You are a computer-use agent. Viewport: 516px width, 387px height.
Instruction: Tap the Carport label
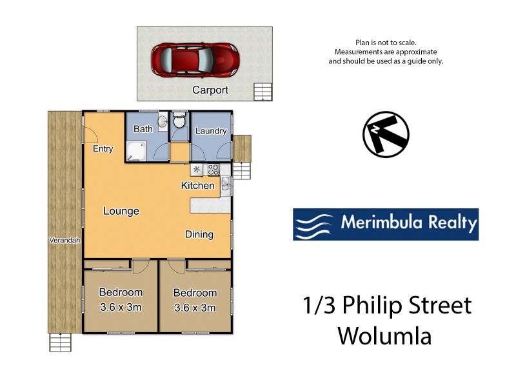[210, 90]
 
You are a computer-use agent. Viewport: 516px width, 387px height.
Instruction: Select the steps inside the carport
[263, 92]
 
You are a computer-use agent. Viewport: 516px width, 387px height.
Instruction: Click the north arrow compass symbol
[386, 134]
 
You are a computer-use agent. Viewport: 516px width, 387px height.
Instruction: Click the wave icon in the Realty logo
[315, 224]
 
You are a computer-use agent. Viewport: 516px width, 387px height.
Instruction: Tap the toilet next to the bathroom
[179, 121]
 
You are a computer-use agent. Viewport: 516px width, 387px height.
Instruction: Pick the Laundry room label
[211, 131]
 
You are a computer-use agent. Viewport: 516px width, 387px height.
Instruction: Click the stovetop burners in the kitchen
[213, 170]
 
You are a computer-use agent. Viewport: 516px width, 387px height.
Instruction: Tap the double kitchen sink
[225, 186]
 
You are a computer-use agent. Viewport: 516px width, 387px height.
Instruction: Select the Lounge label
[121, 211]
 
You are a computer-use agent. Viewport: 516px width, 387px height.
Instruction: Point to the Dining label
[199, 234]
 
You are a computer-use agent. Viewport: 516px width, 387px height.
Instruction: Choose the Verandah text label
[64, 241]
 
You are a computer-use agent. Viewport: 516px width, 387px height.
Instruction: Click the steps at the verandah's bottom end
[60, 342]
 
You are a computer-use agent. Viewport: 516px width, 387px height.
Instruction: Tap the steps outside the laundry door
[241, 170]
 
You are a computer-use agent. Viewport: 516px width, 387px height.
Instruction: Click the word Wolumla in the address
[384, 336]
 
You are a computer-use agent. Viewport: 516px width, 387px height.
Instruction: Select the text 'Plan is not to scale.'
[386, 42]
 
